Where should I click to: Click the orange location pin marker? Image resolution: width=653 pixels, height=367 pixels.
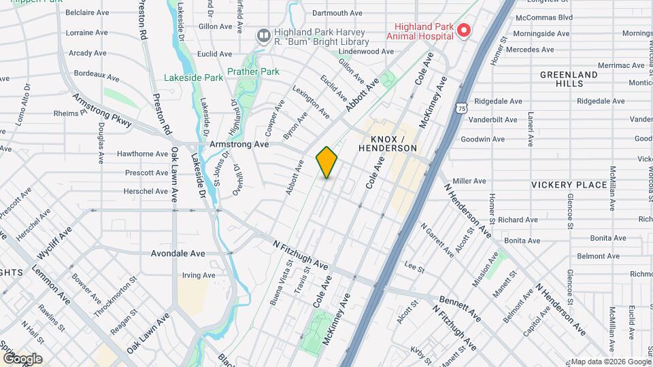[326, 162]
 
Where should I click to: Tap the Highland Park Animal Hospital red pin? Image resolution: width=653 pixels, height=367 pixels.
[465, 30]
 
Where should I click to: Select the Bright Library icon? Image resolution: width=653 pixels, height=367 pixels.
[263, 35]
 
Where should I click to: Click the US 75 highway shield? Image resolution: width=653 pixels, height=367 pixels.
[462, 108]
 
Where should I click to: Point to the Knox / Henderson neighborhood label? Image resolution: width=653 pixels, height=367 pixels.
[387, 143]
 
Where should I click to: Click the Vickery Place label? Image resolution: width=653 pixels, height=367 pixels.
[569, 185]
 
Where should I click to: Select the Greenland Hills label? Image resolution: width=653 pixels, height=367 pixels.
[570, 79]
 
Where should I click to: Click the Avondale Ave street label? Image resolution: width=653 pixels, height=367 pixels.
[178, 254]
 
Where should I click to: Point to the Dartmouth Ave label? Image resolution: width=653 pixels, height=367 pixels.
[337, 13]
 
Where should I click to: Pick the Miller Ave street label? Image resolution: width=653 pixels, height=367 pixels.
[469, 181]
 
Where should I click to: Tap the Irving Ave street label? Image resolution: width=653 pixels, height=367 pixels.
[199, 275]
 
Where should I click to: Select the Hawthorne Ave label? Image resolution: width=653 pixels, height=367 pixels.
[142, 154]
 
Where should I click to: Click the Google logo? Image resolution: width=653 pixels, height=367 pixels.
[23, 358]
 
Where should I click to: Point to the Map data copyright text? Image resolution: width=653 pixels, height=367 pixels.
[610, 362]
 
